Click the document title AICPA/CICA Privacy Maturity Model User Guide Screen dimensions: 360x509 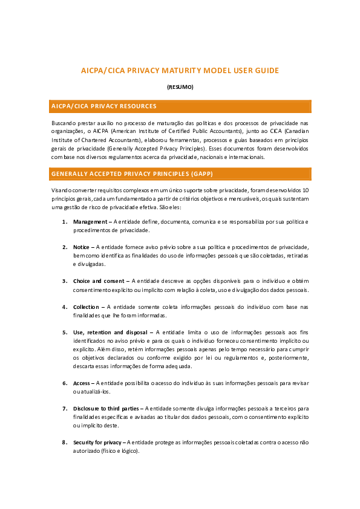pos(180,71)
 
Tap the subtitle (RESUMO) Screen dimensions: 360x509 pos(180,87)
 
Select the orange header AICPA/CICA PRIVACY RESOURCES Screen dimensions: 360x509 pos(104,106)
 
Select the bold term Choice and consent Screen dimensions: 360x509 pos(99,281)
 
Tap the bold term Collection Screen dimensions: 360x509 pos(86,306)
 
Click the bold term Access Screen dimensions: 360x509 pos(82,383)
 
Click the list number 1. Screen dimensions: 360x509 pos(64,222)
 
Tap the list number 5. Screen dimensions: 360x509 pos(64,332)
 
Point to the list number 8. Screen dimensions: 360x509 pos(64,443)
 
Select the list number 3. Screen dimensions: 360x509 pos(64,281)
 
